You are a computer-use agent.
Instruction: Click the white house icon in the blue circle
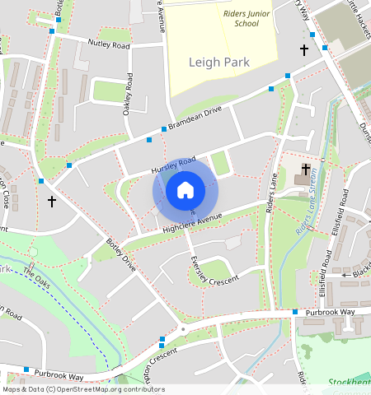tap(185, 191)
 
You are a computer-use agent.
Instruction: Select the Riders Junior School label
tap(241, 18)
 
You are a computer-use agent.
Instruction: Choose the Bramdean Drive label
tap(196, 117)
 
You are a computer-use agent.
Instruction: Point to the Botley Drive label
tap(120, 255)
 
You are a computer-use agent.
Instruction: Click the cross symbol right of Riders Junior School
tap(303, 50)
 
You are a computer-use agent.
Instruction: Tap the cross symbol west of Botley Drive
tap(51, 201)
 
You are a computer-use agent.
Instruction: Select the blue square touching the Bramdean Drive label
tap(163, 129)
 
